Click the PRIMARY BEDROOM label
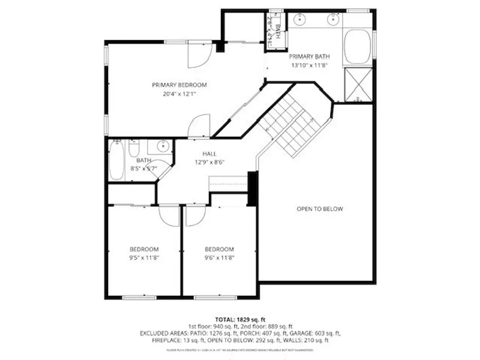coord(179,85)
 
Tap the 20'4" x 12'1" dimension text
coord(179,94)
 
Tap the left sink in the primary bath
coord(300,20)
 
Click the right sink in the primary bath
coord(333,20)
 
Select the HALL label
coord(210,154)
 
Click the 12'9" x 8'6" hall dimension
coord(210,163)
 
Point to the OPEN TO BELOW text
coord(320,209)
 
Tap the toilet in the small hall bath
coord(134,149)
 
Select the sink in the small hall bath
coord(161,146)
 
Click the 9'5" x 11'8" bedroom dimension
coord(144,258)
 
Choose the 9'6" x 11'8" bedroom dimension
coord(219,258)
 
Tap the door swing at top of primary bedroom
coord(197,55)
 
